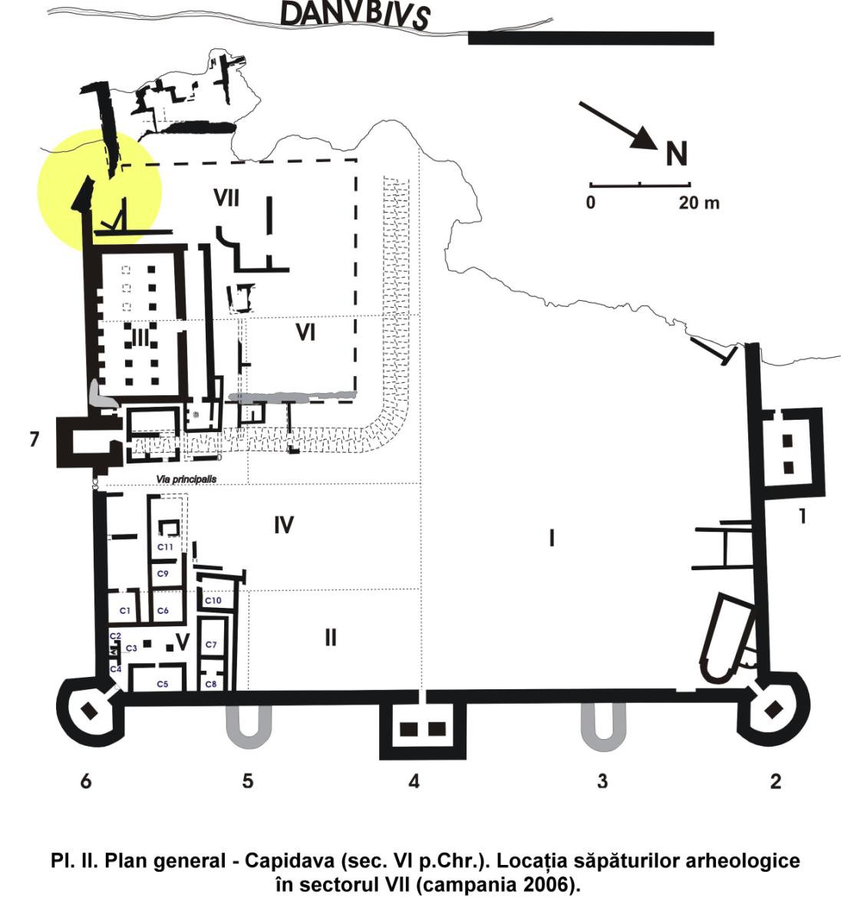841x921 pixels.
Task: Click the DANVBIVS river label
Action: tap(355, 15)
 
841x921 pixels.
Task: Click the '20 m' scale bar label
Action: tap(698, 203)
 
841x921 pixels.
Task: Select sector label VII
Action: tap(226, 199)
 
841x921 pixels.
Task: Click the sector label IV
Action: tap(284, 526)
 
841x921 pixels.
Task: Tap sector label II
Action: tap(331, 637)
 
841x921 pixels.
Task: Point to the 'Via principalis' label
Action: tap(186, 479)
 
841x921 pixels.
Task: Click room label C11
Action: tap(165, 546)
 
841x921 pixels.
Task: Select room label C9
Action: tap(163, 573)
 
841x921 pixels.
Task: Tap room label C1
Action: tap(125, 610)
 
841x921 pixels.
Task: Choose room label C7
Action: tap(212, 644)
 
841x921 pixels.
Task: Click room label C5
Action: tap(162, 682)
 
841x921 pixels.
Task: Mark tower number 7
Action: tap(33, 441)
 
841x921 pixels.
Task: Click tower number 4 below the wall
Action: tap(414, 781)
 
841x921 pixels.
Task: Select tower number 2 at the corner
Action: tap(775, 781)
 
